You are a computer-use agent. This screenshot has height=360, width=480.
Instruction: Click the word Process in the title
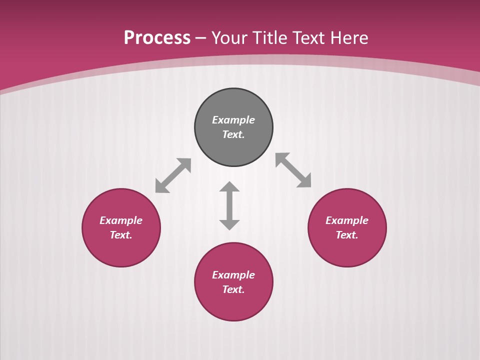click(x=157, y=38)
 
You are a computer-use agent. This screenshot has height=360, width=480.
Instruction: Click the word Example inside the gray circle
click(x=233, y=120)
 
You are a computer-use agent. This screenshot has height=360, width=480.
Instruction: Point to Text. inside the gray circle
click(x=233, y=134)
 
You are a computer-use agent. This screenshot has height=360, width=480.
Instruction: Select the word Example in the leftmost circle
click(x=121, y=220)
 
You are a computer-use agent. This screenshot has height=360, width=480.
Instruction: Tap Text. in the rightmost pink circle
click(x=347, y=235)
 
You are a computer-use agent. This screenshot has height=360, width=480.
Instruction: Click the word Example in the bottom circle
click(x=233, y=275)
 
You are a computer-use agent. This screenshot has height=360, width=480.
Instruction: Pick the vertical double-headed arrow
click(x=229, y=206)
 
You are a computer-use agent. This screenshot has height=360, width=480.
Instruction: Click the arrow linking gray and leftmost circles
click(x=173, y=175)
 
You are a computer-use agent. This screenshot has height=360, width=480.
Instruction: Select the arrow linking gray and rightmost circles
click(x=293, y=170)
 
